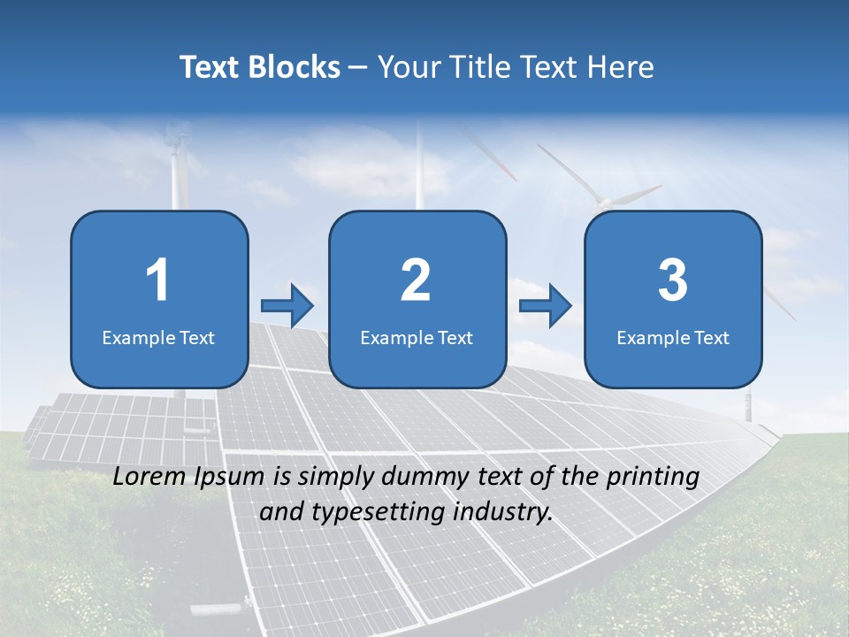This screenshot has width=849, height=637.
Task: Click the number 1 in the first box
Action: (x=157, y=280)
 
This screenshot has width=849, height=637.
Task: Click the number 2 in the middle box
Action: (x=416, y=280)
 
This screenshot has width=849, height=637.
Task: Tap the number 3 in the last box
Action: (x=673, y=280)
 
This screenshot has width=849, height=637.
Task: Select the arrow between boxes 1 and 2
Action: (x=287, y=306)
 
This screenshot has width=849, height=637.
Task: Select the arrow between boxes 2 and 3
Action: (x=546, y=306)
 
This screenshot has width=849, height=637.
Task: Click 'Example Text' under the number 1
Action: (x=158, y=337)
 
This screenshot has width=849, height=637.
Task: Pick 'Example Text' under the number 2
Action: (x=417, y=337)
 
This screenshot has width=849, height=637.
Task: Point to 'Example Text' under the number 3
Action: (x=673, y=337)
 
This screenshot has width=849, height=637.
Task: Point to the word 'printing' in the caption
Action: (x=653, y=478)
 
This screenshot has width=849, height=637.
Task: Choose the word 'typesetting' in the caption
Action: (x=371, y=512)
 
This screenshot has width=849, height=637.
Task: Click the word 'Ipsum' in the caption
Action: (x=231, y=478)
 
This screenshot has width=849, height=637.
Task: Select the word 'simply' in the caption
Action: (x=333, y=478)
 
